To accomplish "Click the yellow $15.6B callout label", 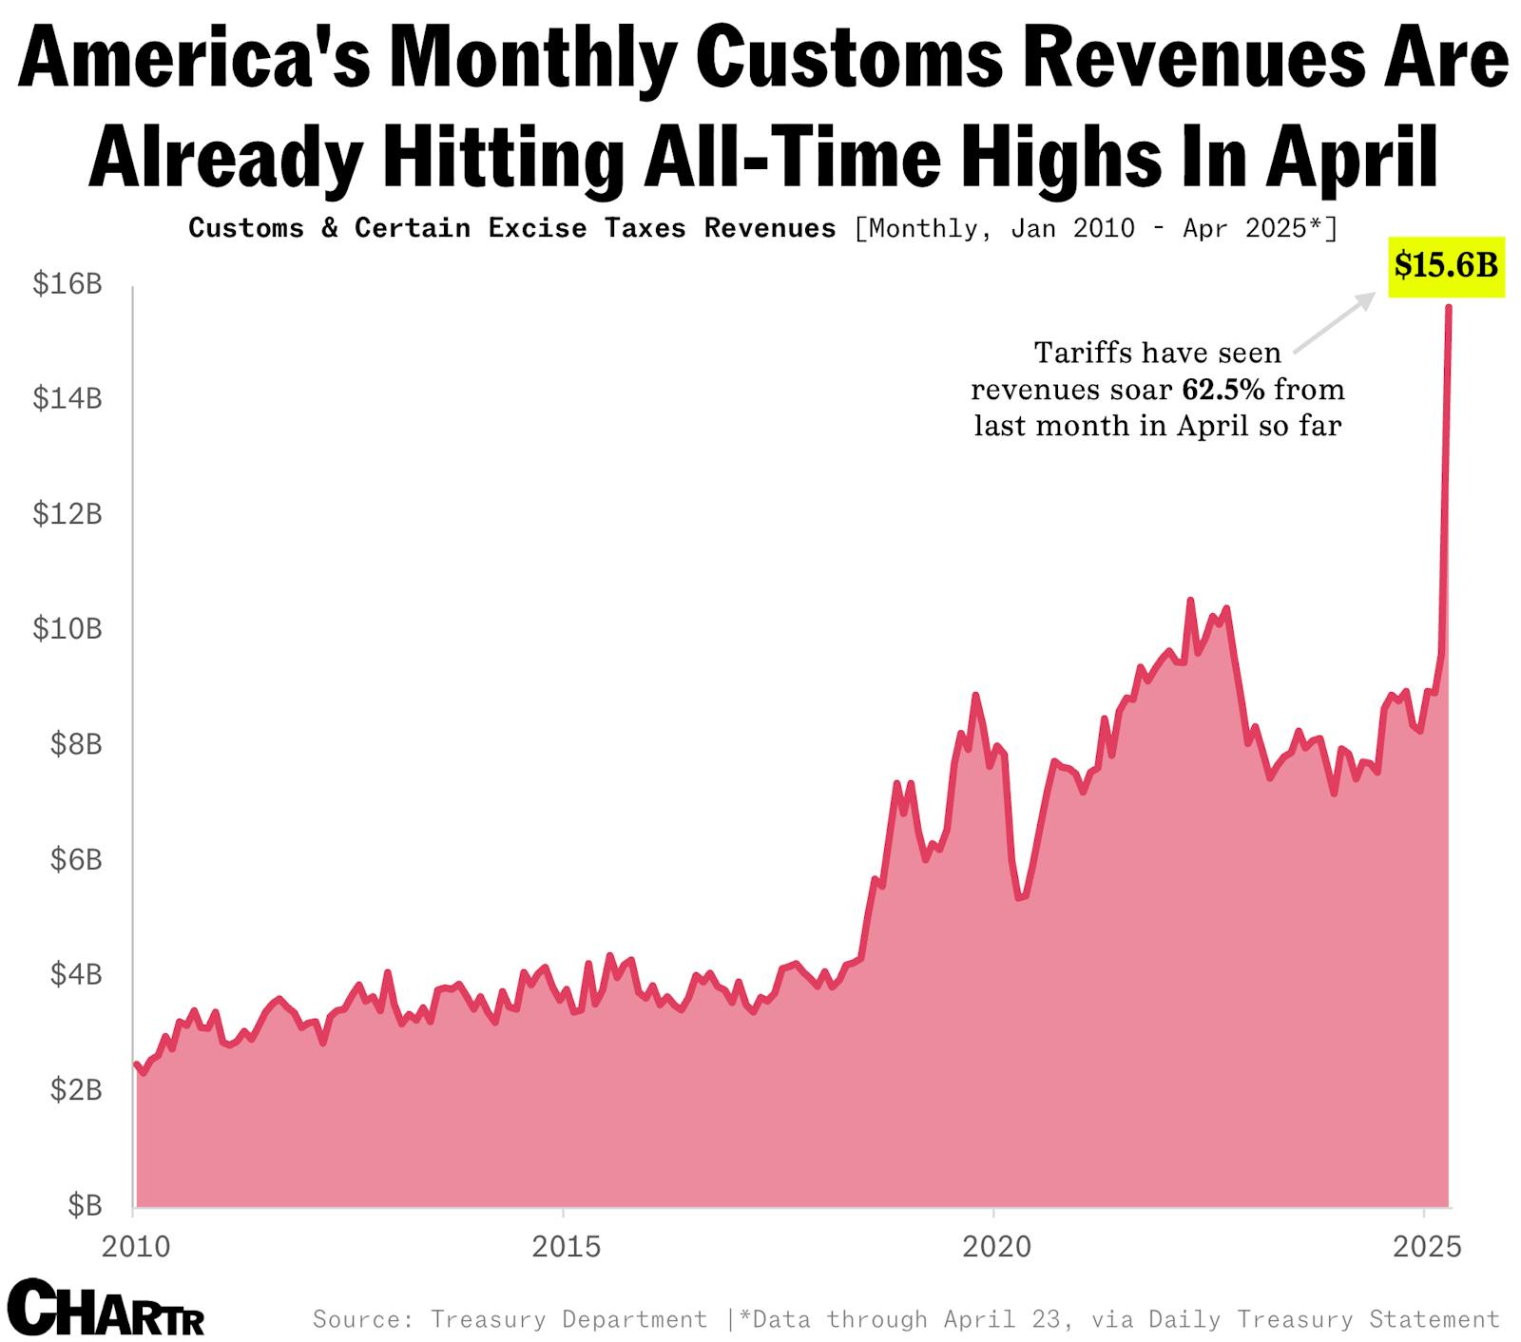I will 1446,265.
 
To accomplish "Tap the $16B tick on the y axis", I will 67,283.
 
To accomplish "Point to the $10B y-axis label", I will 67,628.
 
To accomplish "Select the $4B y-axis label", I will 75,974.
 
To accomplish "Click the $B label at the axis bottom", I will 85,1205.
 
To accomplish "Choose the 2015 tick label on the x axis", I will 566,1246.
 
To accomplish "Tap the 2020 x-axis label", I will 995,1246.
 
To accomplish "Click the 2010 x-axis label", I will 136,1246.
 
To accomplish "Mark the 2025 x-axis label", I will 1426,1246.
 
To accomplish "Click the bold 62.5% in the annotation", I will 1223,390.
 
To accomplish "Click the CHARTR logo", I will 106,1309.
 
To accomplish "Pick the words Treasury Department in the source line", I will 568,1319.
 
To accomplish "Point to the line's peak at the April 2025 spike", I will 1448,307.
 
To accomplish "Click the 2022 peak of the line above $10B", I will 1189,601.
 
